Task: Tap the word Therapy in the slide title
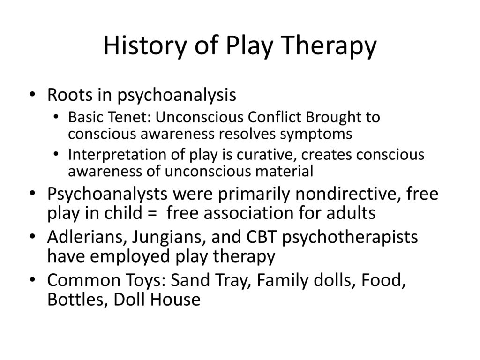[x=325, y=46]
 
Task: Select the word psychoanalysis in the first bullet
[x=176, y=96]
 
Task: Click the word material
[x=285, y=172]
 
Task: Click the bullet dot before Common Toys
[x=36, y=281]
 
